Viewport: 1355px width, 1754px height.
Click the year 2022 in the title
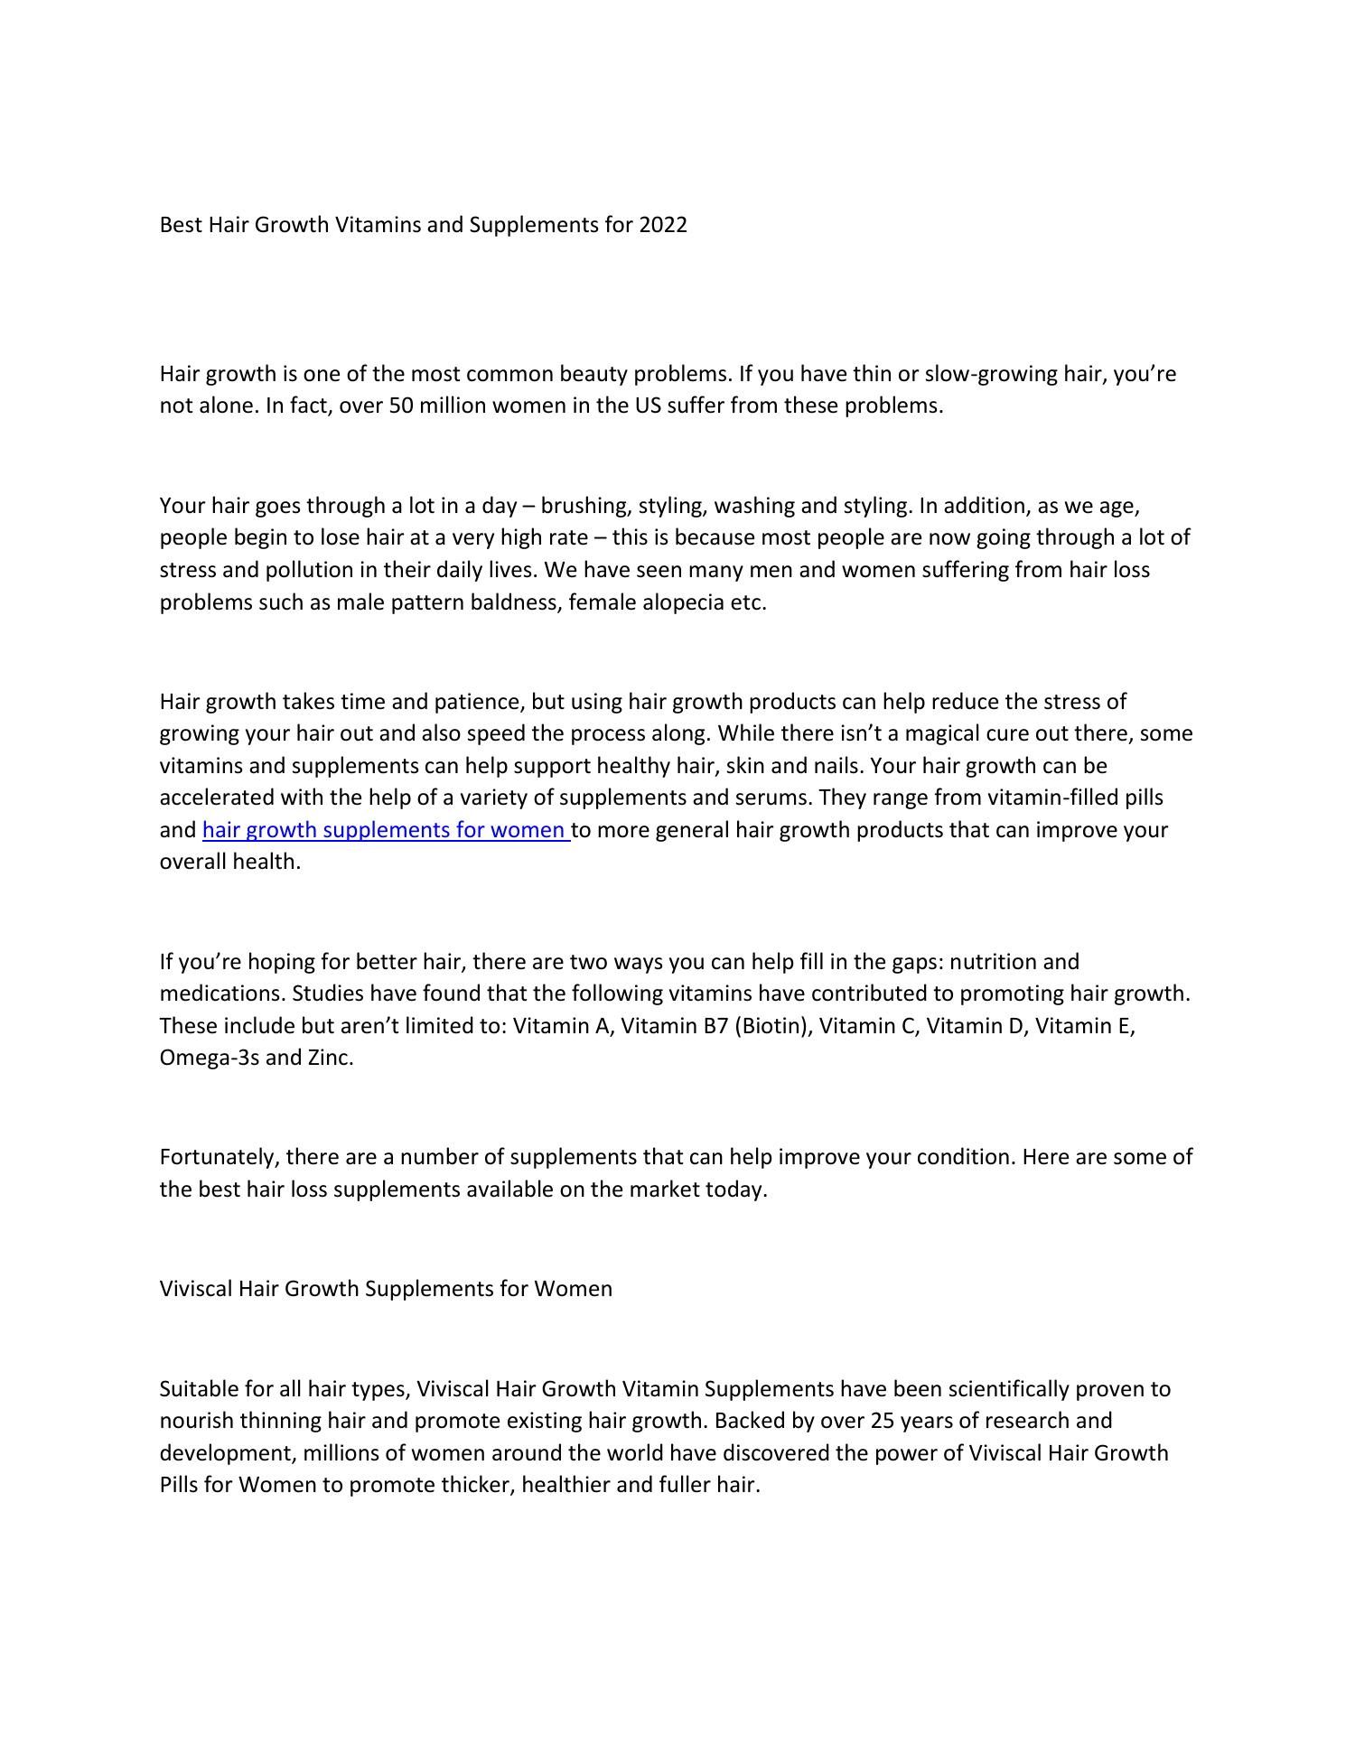click(662, 225)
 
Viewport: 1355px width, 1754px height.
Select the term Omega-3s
click(209, 1058)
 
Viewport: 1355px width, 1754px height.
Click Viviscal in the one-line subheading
click(196, 1289)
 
